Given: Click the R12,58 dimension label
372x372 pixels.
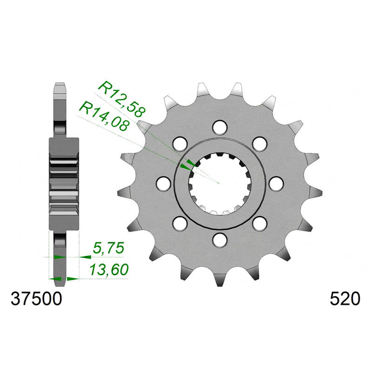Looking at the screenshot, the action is (x=122, y=100).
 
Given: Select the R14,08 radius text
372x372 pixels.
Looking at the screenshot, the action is (x=104, y=116).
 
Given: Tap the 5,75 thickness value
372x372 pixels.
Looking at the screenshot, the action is (x=108, y=248).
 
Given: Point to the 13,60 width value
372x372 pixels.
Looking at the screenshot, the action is (x=109, y=270).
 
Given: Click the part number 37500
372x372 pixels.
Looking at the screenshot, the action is (x=36, y=299).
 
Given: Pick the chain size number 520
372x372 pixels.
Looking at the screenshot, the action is (x=345, y=299).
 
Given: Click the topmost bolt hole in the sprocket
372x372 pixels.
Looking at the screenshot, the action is (x=219, y=127).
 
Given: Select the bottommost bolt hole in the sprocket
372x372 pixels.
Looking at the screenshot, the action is (x=219, y=240).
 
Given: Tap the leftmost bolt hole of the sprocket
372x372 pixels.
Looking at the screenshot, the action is (x=164, y=184).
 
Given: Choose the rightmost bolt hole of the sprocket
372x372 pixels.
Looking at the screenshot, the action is (x=276, y=184).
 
